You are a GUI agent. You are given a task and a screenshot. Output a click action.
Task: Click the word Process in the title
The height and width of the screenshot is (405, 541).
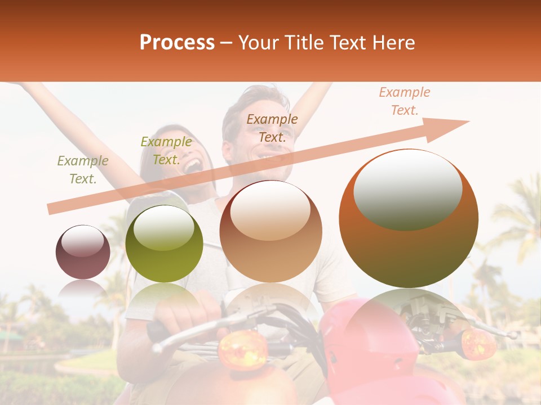tap(177, 43)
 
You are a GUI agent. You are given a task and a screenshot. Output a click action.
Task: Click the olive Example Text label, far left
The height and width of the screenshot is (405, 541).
tap(83, 170)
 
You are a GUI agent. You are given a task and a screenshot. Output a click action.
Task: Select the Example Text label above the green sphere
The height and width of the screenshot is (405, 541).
tap(166, 151)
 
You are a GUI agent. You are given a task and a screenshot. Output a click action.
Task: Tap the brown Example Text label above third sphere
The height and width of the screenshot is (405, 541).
tap(272, 128)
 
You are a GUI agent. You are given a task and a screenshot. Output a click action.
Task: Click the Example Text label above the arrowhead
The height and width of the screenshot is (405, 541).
tap(405, 101)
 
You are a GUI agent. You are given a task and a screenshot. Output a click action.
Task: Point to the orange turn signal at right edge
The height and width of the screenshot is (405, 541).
tap(476, 343)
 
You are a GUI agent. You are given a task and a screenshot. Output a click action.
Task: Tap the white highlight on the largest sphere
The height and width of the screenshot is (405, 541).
tap(407, 189)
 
